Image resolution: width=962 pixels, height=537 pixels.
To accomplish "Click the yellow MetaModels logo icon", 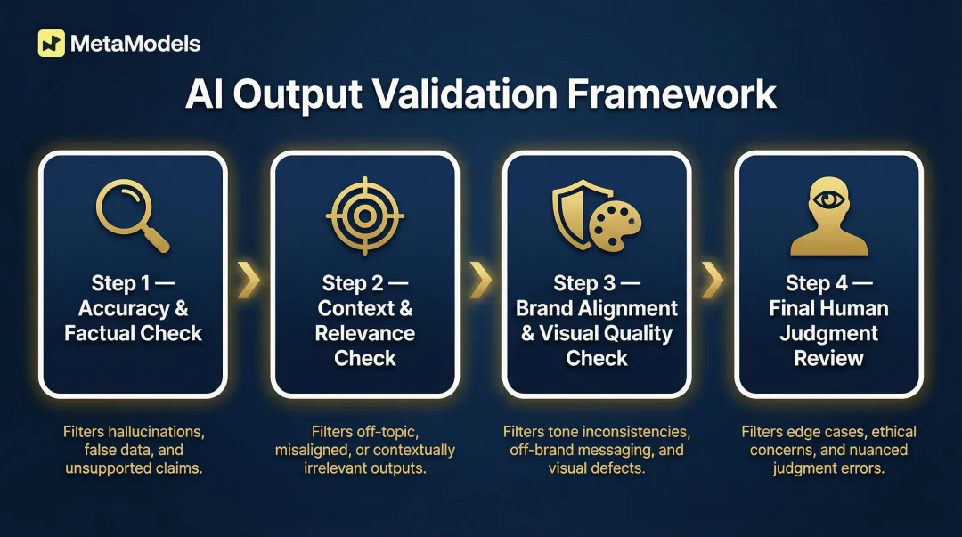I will point(52,44).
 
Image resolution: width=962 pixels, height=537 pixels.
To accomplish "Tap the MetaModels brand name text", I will point(136,44).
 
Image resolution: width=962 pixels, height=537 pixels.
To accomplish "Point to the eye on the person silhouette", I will point(828,198).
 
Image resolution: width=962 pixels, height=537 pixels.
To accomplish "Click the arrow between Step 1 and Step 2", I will point(249,280).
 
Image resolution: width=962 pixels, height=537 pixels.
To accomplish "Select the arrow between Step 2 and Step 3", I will point(481,280).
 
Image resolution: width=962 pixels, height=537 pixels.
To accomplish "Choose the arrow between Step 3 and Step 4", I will point(713,280).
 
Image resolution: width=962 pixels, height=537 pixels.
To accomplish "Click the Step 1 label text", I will point(122,284).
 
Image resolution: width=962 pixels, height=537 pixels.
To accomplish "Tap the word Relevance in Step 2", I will point(365,334).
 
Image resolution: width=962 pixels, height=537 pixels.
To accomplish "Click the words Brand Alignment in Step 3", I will point(597,309).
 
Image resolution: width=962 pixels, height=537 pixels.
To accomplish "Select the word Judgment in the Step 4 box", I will point(828,334).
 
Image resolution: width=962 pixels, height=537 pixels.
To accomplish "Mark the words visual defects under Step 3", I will point(597,468).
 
